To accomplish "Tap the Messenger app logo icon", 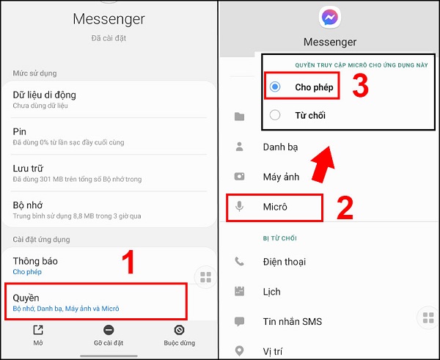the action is [x=330, y=18].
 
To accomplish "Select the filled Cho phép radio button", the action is [x=275, y=87].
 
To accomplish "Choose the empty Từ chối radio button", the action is [x=275, y=115].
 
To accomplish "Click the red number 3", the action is [x=360, y=86].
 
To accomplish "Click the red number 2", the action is [x=345, y=208].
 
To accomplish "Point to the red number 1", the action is [x=128, y=262].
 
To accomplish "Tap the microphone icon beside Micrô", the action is [x=239, y=207].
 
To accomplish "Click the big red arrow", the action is [x=323, y=164].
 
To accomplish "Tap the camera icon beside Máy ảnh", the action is [x=239, y=177].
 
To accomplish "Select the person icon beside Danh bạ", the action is [x=239, y=147].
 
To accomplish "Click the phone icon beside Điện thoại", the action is [x=239, y=262].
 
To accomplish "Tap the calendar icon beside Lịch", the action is [x=239, y=291].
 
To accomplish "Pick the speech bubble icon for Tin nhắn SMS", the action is [x=239, y=322].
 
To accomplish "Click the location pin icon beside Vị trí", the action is [x=239, y=350].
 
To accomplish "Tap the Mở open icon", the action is [x=38, y=330].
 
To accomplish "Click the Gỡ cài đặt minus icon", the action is [x=109, y=330].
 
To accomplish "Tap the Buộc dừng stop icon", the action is [x=179, y=330].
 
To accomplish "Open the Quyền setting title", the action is [x=26, y=298].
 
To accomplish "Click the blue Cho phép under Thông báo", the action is [x=27, y=272].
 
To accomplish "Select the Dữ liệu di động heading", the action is [x=44, y=95].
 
